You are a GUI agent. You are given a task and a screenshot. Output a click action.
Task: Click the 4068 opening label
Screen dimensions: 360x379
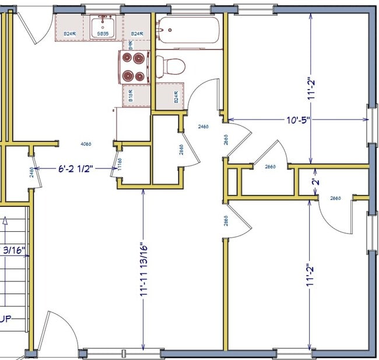point(86,144)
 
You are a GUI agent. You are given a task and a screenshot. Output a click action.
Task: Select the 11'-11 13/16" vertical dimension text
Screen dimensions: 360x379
point(144,271)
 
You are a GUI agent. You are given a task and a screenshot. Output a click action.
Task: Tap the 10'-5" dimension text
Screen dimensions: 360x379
point(297,120)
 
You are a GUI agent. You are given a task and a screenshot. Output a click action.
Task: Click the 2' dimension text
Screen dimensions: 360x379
point(315,181)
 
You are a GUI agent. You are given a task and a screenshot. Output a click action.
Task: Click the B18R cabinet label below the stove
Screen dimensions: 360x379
point(130,95)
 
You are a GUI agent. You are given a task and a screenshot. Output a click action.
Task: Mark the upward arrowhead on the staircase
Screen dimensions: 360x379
point(5,221)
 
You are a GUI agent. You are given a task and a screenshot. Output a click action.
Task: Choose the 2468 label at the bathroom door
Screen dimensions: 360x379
point(203,126)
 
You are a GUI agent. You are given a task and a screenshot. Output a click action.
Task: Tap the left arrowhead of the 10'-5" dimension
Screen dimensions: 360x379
point(230,120)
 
